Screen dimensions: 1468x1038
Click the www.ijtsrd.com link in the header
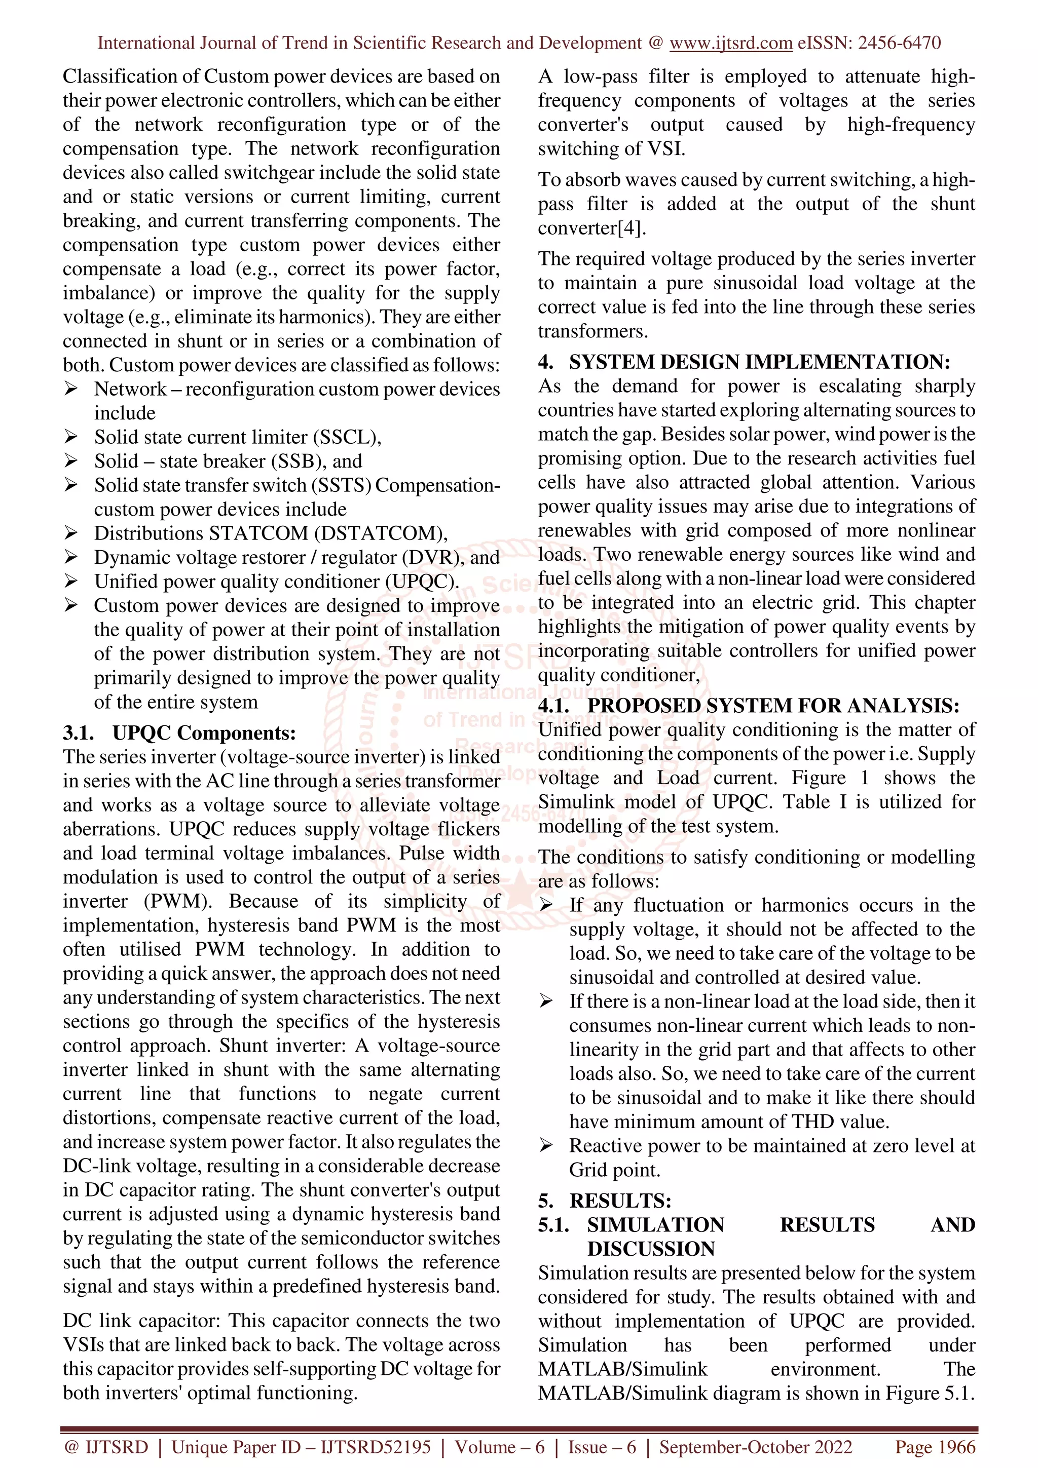click(730, 43)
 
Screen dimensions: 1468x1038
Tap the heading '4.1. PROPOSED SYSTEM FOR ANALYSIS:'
click(748, 706)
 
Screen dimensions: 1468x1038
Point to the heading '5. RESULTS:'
click(604, 1201)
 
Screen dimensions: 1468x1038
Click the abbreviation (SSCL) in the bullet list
click(347, 437)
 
